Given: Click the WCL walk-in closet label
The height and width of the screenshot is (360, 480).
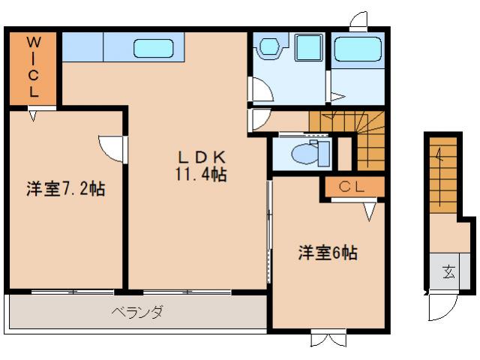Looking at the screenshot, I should (34, 67).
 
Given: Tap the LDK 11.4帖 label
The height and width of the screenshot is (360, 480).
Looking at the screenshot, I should (201, 166).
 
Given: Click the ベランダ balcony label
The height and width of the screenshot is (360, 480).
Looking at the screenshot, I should (138, 312).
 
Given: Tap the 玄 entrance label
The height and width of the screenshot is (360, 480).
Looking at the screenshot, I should (448, 272).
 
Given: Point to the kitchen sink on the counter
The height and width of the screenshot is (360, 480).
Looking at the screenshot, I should (154, 49).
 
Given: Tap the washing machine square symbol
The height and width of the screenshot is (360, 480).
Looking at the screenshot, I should (307, 49).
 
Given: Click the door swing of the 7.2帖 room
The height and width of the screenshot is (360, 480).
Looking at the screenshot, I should (110, 147).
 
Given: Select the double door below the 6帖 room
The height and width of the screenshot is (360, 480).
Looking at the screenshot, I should (328, 339).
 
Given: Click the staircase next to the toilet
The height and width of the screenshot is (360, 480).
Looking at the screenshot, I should (360, 139).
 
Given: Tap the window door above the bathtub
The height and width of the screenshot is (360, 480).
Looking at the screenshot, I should (359, 20).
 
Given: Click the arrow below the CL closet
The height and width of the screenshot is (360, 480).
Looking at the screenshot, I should (369, 213).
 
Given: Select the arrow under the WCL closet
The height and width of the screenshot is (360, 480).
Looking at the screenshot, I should (33, 115).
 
